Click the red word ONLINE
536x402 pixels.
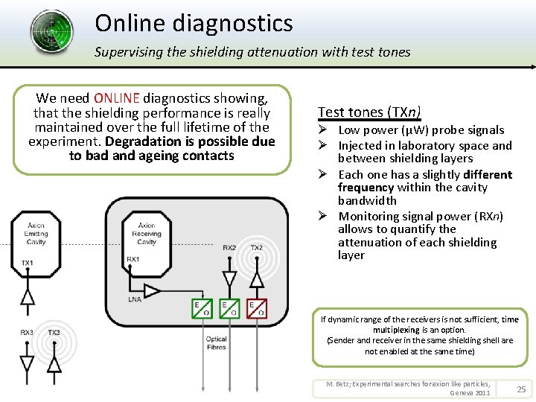[118, 98]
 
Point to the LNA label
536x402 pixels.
[135, 299]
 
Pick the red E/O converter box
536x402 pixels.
[258, 309]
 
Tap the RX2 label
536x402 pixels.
[230, 248]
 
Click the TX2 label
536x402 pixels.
[257, 248]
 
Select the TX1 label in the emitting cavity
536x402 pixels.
[28, 264]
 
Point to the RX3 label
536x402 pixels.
[27, 333]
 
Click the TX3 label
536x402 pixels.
[54, 333]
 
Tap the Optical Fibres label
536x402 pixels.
[216, 343]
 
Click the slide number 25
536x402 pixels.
[521, 389]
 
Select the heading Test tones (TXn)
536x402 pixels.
[369, 112]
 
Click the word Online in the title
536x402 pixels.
[130, 23]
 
